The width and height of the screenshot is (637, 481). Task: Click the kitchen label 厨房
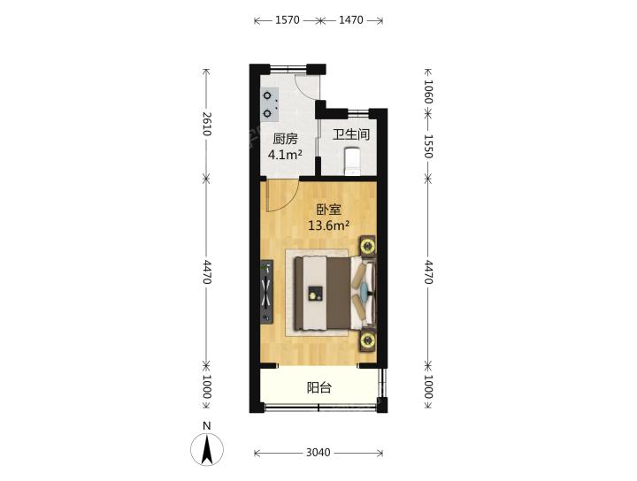[x=285, y=139]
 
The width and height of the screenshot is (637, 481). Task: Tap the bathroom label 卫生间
[x=351, y=134]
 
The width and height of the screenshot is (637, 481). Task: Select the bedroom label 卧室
[x=328, y=210]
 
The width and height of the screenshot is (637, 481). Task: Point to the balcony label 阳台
[x=318, y=387]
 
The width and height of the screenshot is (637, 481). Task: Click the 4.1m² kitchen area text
[x=285, y=154]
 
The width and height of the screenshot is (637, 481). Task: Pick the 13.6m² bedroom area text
[x=328, y=225]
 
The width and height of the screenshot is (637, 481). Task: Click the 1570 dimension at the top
[x=288, y=19]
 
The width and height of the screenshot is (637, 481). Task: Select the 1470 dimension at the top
[x=351, y=19]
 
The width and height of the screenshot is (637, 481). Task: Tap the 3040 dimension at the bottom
[x=318, y=452]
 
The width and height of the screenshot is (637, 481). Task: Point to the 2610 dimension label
[x=207, y=124]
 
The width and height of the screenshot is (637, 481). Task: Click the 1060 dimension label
[x=428, y=91]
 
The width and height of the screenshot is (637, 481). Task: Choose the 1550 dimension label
[x=428, y=146]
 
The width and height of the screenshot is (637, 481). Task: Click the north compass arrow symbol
[x=207, y=449]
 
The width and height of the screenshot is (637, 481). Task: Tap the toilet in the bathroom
[x=352, y=161]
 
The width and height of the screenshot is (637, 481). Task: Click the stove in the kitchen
[x=269, y=104]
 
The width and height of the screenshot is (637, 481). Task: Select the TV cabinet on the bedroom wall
[x=267, y=292]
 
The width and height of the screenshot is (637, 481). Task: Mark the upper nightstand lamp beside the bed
[x=368, y=246]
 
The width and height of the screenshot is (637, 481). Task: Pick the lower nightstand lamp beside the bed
[x=368, y=341]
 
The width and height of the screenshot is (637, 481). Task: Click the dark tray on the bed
[x=315, y=293]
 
